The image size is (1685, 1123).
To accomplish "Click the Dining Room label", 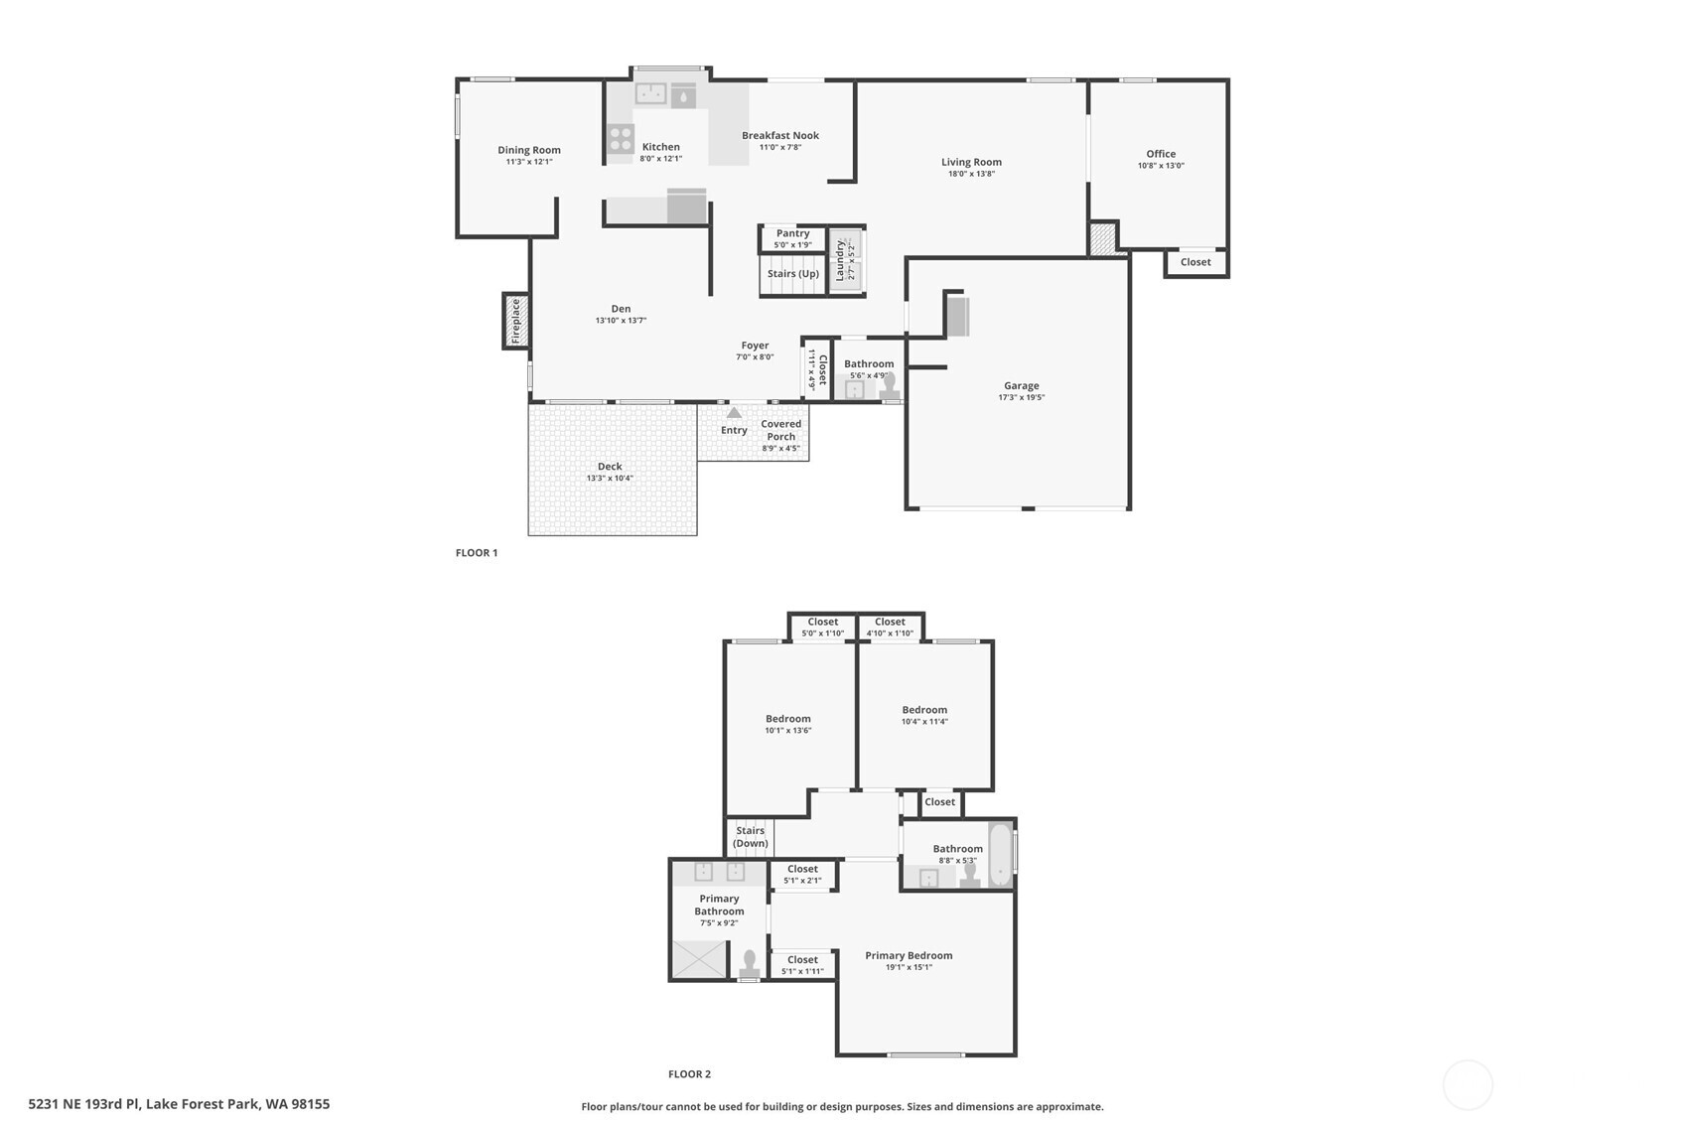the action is pyautogui.click(x=529, y=150).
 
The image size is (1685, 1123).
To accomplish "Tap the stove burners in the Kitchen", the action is pyautogui.click(x=621, y=139).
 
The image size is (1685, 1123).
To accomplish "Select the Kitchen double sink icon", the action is pyautogui.click(x=650, y=94).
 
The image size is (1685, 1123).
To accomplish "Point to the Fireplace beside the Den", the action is pyautogui.click(x=516, y=321).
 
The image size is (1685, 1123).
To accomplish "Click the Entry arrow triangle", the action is pyautogui.click(x=734, y=413).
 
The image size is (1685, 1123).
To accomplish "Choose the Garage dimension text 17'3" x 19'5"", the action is pyautogui.click(x=1021, y=397).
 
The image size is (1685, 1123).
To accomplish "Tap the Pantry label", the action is pyautogui.click(x=792, y=233).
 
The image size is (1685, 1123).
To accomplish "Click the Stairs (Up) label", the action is pyautogui.click(x=792, y=273).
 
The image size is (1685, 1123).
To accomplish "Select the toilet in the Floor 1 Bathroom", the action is pyautogui.click(x=890, y=385).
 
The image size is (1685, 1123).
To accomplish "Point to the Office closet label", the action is pyautogui.click(x=1195, y=262).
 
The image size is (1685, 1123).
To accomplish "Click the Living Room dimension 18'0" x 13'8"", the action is pyautogui.click(x=971, y=174).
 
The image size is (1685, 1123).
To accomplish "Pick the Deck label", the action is pyautogui.click(x=610, y=467).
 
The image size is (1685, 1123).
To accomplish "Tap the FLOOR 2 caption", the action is pyautogui.click(x=689, y=1074).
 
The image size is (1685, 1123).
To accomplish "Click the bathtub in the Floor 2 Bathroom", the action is pyautogui.click(x=1000, y=856).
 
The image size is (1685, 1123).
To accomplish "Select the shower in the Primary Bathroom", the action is pyautogui.click(x=700, y=960).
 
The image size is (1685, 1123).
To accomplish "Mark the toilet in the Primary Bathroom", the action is pyautogui.click(x=750, y=963).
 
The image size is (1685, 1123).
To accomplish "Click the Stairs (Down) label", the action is pyautogui.click(x=750, y=836).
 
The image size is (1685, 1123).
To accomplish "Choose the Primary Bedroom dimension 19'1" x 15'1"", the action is pyautogui.click(x=909, y=967).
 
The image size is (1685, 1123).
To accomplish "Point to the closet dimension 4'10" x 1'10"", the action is pyautogui.click(x=890, y=633).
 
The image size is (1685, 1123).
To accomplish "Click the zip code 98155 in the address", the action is pyautogui.click(x=310, y=1103).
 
